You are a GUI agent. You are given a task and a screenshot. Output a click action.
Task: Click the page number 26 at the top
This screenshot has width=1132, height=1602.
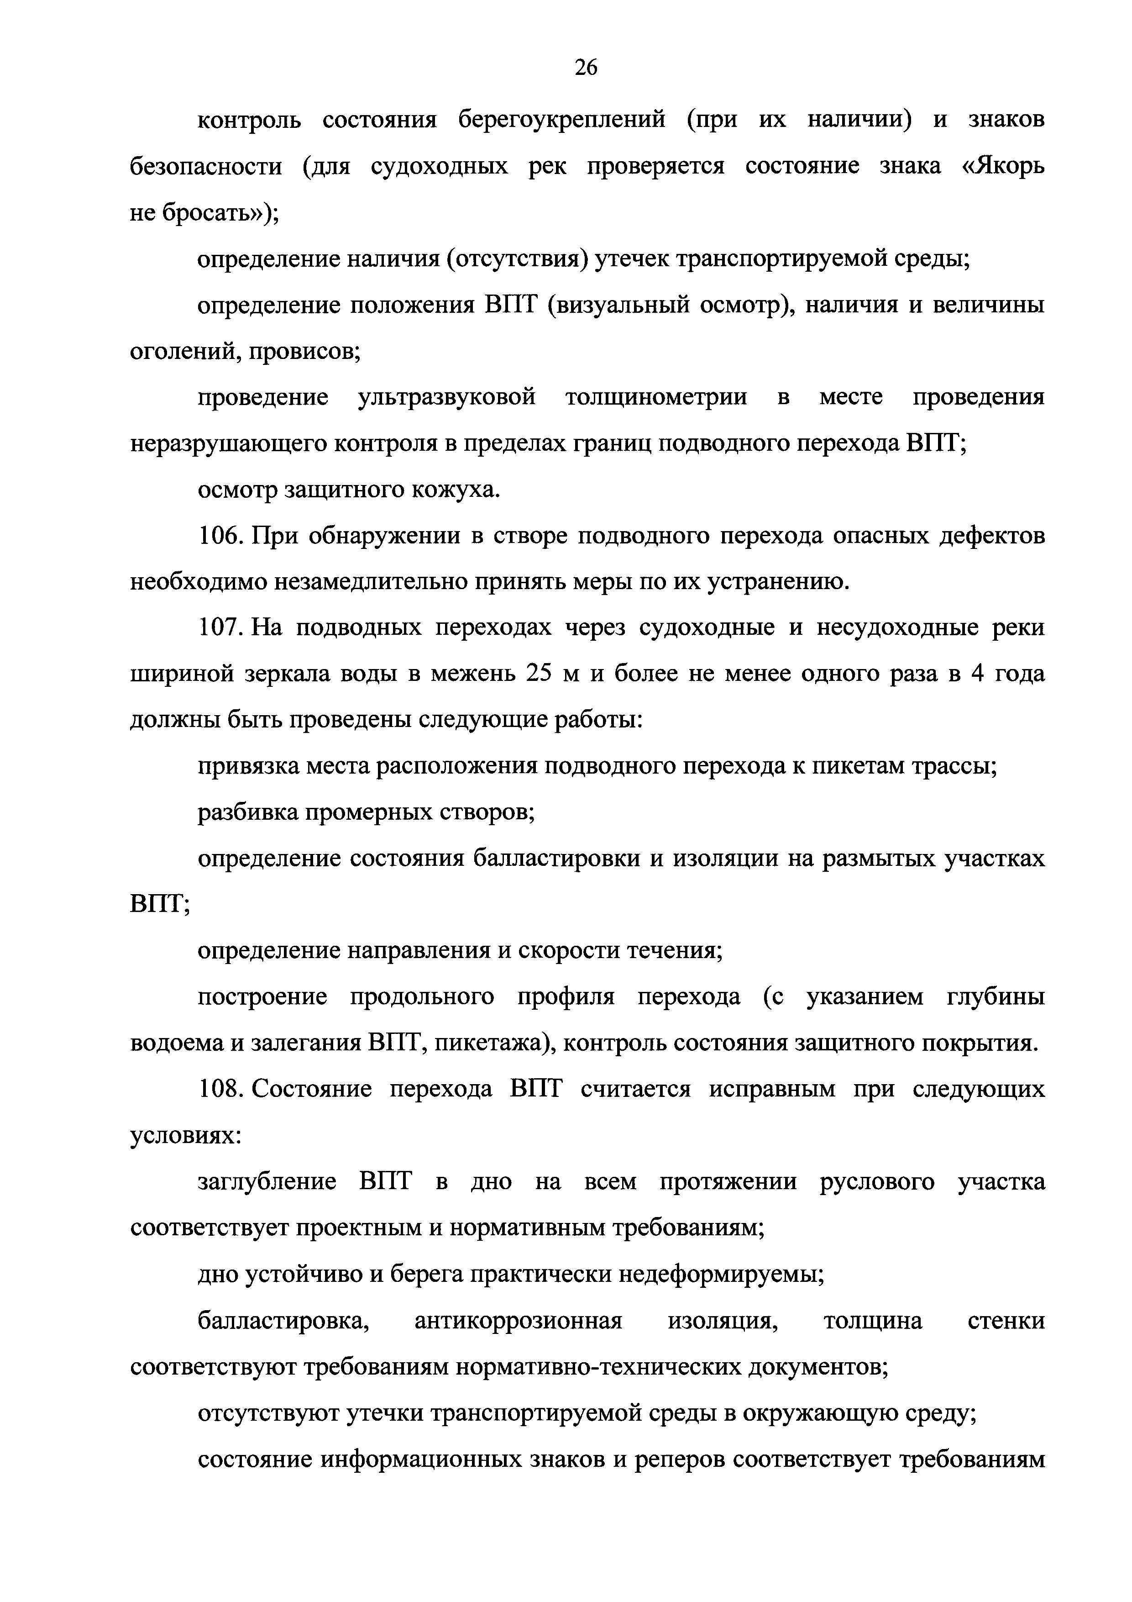586,68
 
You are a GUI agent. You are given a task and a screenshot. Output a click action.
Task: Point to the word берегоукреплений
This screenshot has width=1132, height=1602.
561,121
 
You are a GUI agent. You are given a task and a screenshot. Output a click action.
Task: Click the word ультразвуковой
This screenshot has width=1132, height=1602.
446,398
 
